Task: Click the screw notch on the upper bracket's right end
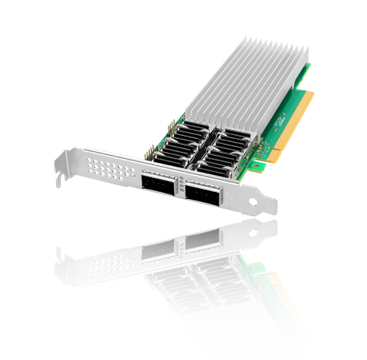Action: tap(258, 200)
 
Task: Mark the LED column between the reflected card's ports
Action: tap(178, 246)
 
